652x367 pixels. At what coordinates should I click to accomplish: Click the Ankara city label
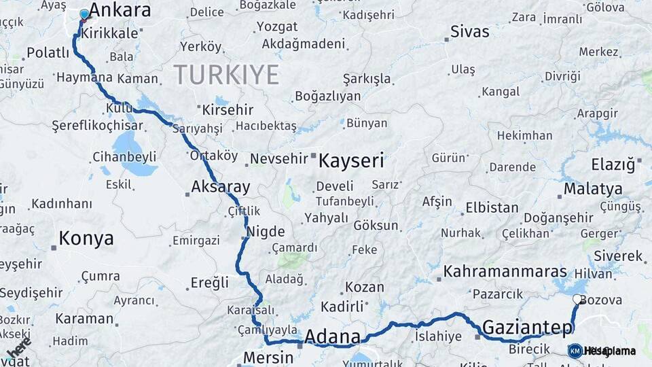[120, 10]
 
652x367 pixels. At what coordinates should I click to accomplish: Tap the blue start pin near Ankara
[84, 14]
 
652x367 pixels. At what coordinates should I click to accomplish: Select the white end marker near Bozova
[577, 299]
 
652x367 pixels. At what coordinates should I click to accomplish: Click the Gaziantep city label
[527, 328]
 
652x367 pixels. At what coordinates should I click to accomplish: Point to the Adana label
[332, 336]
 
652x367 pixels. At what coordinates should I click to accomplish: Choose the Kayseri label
[351, 161]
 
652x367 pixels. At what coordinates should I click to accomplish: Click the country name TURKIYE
[226, 74]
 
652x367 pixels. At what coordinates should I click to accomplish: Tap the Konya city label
[86, 238]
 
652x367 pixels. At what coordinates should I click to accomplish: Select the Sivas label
[470, 32]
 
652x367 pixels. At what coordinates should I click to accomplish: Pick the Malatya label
[593, 188]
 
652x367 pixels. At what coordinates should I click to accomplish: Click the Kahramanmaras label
[505, 272]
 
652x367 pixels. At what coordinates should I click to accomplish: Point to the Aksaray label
[221, 187]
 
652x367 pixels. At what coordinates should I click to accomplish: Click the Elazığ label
[613, 164]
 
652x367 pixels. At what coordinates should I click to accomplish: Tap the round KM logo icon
[575, 351]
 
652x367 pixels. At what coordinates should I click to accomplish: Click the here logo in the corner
[18, 347]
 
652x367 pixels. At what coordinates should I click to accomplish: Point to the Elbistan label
[492, 208]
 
